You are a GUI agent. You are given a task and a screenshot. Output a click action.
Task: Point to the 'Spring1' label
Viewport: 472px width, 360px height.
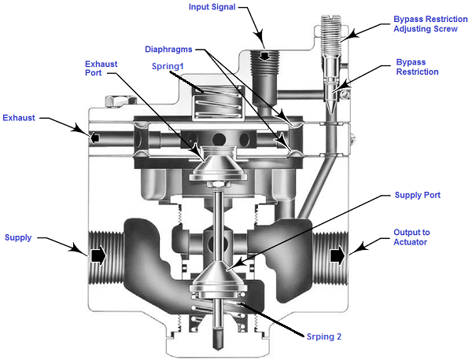(168, 66)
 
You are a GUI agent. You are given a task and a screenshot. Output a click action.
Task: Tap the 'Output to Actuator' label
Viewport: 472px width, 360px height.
(419, 237)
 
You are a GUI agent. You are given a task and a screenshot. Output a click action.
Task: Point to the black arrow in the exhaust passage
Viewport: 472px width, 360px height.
(94, 137)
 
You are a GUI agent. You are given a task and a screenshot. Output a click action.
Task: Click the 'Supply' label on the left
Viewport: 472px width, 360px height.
(18, 237)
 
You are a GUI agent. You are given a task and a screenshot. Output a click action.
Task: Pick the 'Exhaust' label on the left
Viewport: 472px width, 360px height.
(19, 118)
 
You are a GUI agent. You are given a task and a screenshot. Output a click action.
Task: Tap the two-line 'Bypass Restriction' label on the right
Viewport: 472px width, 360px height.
(417, 66)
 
